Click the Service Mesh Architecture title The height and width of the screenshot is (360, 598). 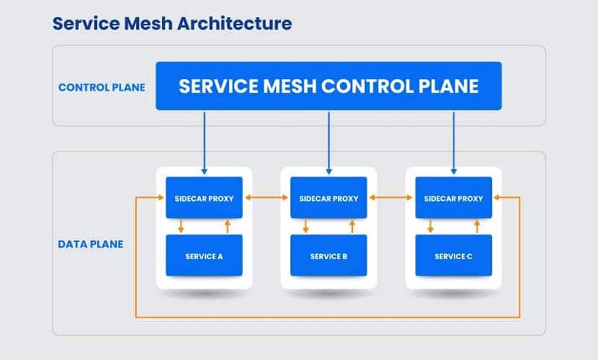(x=172, y=23)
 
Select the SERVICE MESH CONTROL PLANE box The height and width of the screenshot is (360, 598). (x=328, y=86)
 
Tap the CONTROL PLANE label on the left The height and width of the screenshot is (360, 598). (x=102, y=87)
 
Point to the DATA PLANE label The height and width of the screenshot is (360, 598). (x=90, y=244)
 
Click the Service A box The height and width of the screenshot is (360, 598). (x=204, y=255)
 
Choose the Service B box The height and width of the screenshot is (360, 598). (x=329, y=255)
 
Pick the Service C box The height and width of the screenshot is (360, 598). (x=454, y=255)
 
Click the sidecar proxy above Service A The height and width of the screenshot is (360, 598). (x=204, y=198)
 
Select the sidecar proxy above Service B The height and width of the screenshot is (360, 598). (x=329, y=198)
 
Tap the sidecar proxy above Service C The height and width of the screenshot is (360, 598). (x=454, y=198)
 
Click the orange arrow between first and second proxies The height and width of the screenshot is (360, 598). (x=266, y=198)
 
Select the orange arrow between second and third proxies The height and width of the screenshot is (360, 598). (x=391, y=198)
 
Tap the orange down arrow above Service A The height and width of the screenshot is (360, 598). (x=180, y=226)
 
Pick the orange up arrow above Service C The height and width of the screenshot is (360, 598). (x=477, y=226)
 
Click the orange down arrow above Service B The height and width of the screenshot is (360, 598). (x=305, y=226)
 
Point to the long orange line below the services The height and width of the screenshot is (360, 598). (x=329, y=317)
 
